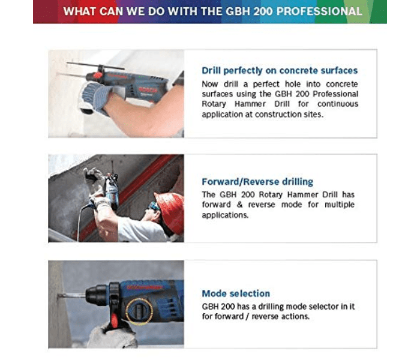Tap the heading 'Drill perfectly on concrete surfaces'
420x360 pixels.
coord(280,70)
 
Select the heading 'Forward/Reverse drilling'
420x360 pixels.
coord(257,181)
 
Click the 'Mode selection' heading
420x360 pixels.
coord(236,293)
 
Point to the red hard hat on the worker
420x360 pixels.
coord(170,211)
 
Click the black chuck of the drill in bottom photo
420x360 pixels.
coord(95,295)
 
